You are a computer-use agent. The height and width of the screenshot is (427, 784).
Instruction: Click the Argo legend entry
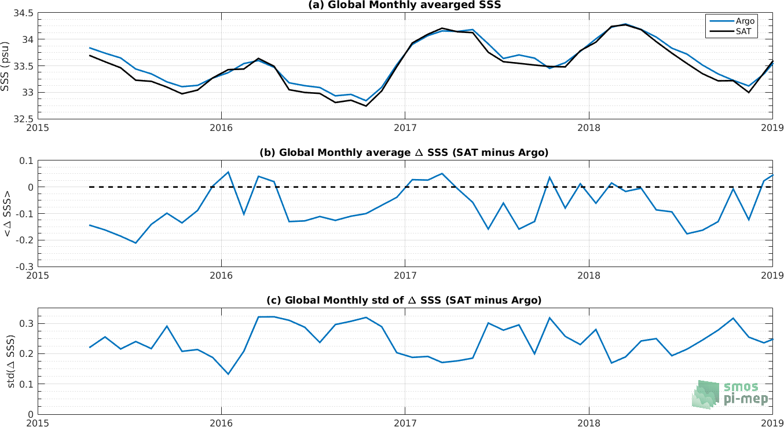(732, 21)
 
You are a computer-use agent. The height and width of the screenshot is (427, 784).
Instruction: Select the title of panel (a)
(404, 5)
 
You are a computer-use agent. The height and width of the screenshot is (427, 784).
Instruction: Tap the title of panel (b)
(404, 153)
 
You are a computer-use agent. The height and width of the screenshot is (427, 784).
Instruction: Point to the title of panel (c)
(404, 300)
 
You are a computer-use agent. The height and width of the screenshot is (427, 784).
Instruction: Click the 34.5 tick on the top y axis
(23, 13)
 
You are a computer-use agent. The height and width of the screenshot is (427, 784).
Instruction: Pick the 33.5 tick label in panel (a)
(23, 66)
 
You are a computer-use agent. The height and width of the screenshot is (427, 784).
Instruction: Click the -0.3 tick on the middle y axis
(24, 267)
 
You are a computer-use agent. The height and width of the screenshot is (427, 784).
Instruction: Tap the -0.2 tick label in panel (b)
(24, 240)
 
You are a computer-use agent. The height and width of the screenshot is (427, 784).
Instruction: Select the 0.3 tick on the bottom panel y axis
(26, 323)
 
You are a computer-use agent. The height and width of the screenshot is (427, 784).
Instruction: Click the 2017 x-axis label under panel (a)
(405, 127)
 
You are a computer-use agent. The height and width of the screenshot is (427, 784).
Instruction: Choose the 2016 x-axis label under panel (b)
(221, 275)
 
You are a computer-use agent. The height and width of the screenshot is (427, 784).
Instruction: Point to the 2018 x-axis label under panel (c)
(589, 423)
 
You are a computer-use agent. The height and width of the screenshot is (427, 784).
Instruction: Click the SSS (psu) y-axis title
(5, 66)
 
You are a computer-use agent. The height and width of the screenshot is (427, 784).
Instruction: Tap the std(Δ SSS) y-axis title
(11, 362)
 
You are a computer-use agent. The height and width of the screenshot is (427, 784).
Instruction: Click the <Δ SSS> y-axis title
(7, 214)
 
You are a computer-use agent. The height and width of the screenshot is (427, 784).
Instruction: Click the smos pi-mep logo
(730, 395)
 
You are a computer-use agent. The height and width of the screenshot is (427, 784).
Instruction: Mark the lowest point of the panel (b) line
(136, 243)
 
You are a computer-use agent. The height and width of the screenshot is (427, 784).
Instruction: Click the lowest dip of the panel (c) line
(228, 374)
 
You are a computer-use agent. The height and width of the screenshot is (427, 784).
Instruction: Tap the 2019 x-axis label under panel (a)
(772, 127)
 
